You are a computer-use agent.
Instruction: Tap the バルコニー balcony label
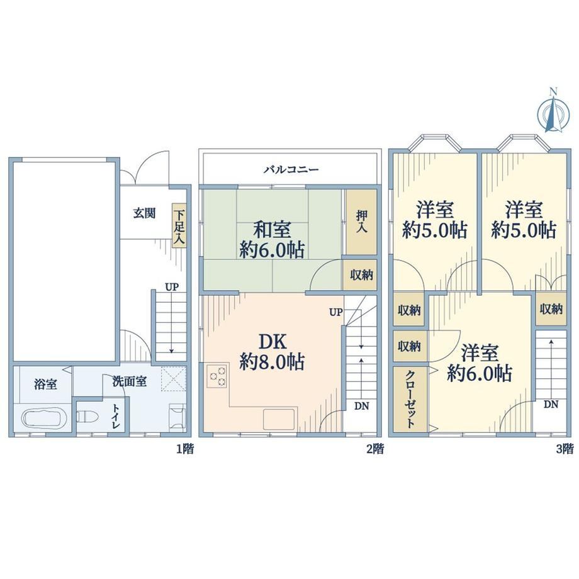tap(291, 170)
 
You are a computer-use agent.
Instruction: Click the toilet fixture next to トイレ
tap(88, 417)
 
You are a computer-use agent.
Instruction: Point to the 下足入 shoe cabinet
tap(179, 225)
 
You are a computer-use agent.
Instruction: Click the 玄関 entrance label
tap(144, 213)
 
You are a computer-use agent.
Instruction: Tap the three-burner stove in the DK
tap(217, 376)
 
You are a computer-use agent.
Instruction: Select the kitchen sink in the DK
tap(279, 419)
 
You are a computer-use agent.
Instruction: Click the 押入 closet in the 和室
tap(361, 222)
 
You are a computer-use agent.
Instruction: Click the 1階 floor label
tap(184, 449)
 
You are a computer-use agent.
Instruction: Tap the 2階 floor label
tap(375, 449)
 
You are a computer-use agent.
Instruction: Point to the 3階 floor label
tap(565, 449)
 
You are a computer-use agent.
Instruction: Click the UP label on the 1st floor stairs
tap(172, 287)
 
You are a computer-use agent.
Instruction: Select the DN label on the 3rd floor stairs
tap(551, 405)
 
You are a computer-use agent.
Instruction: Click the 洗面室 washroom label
tap(130, 381)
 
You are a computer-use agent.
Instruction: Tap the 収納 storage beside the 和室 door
tap(361, 275)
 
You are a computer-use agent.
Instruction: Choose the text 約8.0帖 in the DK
tap(272, 363)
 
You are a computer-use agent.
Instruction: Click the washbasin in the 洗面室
tap(177, 417)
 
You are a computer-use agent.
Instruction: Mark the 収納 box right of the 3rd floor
tap(551, 309)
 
